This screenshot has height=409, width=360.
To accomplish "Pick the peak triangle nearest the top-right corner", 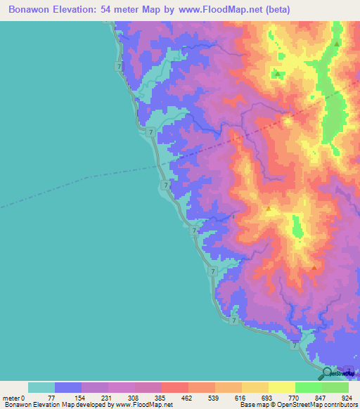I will point(337,44).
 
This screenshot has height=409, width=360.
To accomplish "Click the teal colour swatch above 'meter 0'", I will point(41,387).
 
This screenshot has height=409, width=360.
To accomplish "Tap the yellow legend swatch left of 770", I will point(281,387).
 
